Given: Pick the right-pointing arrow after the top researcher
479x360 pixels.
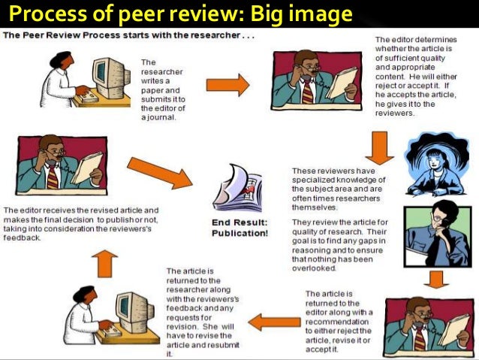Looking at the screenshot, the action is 227,85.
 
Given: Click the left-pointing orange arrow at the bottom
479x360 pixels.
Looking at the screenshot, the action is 274,322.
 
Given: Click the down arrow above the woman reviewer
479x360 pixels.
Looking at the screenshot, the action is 382,147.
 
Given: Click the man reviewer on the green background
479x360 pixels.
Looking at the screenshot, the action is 435,234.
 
